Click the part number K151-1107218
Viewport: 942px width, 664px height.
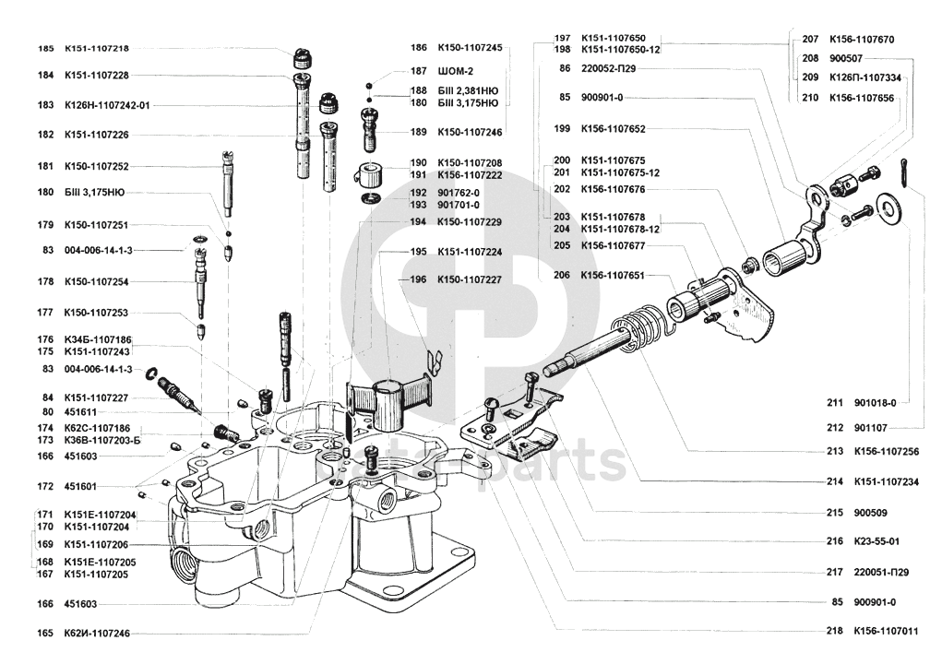click(x=97, y=48)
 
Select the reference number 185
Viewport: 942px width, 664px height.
click(x=45, y=48)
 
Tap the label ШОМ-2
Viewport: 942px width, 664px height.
click(x=456, y=71)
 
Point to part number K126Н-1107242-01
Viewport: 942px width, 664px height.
click(x=107, y=105)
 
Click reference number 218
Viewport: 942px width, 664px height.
click(x=836, y=632)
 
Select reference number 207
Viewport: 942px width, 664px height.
click(x=810, y=40)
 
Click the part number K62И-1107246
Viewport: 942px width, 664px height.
click(x=97, y=634)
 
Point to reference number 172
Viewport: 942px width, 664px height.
click(x=45, y=486)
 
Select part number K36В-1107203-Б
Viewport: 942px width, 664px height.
click(x=102, y=442)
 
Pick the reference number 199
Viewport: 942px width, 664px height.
click(x=561, y=129)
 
